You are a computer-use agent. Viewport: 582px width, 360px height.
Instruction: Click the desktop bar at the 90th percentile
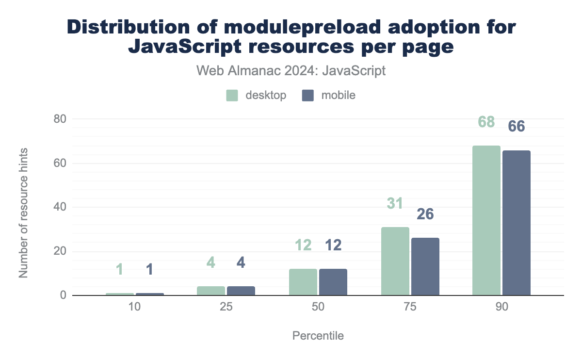tap(486, 221)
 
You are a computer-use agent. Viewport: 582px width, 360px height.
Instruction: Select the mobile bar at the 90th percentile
tap(516, 223)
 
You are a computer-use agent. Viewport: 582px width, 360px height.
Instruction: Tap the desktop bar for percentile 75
tap(395, 262)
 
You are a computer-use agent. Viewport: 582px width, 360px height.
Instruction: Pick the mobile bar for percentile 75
tap(425, 267)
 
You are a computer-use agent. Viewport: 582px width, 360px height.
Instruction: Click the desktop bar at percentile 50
tap(303, 282)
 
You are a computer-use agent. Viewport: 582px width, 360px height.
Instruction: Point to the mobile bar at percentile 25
tap(241, 291)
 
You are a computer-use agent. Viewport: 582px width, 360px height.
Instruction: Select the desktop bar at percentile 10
tap(119, 294)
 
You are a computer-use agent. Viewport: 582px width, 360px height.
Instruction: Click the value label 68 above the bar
tap(486, 122)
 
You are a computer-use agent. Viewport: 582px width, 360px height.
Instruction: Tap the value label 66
tap(516, 126)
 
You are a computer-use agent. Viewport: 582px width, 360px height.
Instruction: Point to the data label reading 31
tap(395, 204)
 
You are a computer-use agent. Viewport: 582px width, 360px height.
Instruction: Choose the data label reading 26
tap(425, 214)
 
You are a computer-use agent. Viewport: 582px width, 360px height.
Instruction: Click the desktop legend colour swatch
tap(232, 95)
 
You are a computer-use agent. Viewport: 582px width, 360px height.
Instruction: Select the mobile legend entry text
tap(338, 95)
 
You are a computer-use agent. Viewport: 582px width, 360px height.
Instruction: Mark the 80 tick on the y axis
tap(60, 119)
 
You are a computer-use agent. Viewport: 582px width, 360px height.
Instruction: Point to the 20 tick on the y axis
tap(60, 251)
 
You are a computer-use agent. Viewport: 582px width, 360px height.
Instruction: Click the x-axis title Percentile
tap(318, 336)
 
